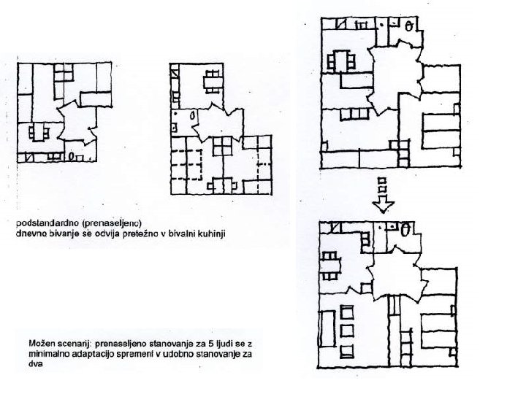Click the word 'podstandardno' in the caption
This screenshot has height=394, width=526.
(x=41, y=220)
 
